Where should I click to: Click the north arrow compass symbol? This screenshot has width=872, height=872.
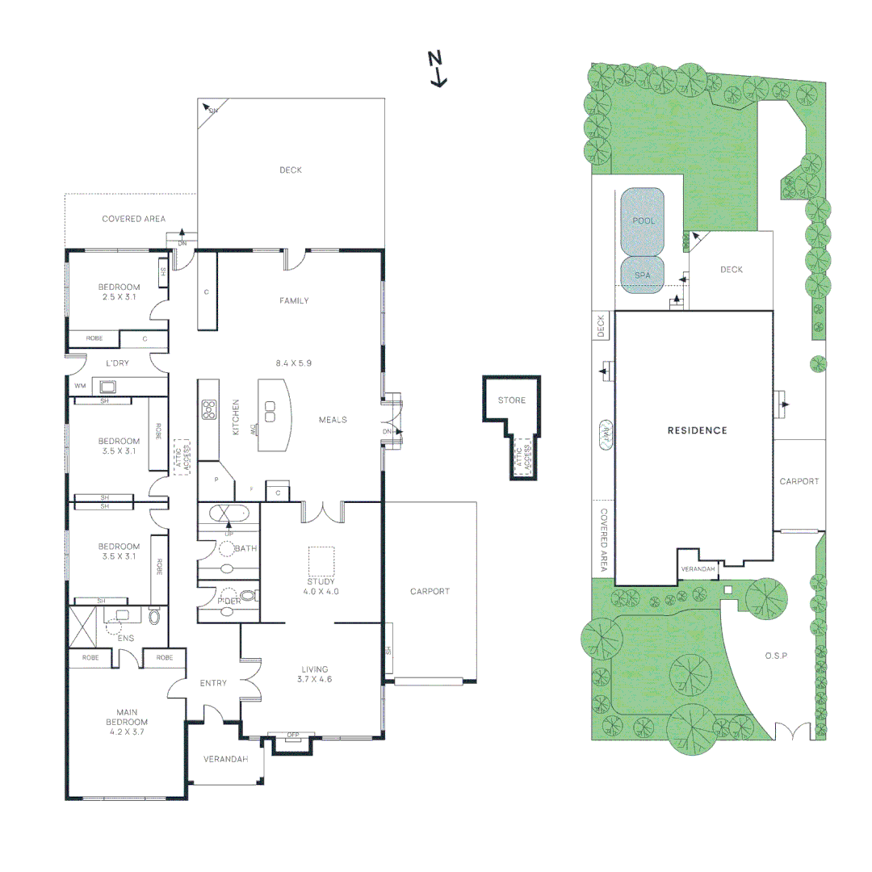pos(437,68)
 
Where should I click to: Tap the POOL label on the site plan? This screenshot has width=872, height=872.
pos(644,220)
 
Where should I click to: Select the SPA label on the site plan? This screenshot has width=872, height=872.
pos(642,275)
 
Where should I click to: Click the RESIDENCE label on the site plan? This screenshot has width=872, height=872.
pos(697,430)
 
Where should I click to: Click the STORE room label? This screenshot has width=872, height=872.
pos(511,400)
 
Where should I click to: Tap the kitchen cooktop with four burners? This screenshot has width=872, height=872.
pos(209,409)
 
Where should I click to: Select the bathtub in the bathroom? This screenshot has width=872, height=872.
pos(228,513)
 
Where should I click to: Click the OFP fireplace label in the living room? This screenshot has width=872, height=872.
pos(293,735)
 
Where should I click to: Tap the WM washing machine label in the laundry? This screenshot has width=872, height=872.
pos(79,386)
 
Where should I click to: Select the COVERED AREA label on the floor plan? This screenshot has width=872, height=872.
pos(133,219)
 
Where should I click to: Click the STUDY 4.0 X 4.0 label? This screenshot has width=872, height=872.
pos(321,586)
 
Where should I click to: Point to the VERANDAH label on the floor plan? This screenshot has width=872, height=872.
pos(224,759)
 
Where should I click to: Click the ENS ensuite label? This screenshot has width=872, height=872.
pos(125,638)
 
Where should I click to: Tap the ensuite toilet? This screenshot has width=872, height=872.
pos(155,618)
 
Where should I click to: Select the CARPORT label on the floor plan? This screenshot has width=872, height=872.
pos(430,591)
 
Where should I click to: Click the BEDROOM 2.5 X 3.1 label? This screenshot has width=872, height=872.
pos(119,292)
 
